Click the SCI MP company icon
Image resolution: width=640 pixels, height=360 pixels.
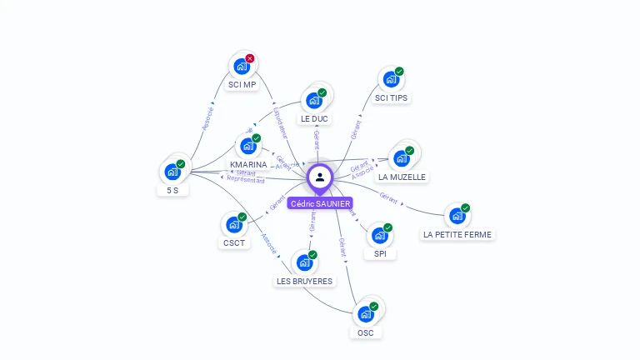point(242,66)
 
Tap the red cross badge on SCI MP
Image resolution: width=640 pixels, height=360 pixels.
point(250,58)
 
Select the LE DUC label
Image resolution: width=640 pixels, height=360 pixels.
point(315,119)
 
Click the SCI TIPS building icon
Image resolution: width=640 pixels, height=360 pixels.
point(390,80)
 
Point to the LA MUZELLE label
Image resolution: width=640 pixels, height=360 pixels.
point(402,177)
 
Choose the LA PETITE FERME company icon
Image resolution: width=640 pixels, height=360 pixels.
point(457,217)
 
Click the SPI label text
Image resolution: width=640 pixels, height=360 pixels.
point(380,253)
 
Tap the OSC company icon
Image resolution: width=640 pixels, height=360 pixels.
point(365,315)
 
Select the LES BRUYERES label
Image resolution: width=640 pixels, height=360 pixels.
point(305,282)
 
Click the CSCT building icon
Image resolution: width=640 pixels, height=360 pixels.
point(233,225)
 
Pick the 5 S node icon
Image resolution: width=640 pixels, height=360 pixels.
point(172,172)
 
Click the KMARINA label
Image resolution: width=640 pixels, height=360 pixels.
point(248,165)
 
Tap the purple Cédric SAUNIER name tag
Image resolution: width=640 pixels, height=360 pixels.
point(320,203)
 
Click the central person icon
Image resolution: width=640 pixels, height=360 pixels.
point(320,177)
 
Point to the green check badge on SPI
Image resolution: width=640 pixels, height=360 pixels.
point(387,227)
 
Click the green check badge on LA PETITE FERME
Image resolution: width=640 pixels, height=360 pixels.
point(465,208)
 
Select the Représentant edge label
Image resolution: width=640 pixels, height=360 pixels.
point(246,180)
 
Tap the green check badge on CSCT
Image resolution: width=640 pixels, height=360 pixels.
point(242,217)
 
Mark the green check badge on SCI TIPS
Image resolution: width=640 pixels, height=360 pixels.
point(399,72)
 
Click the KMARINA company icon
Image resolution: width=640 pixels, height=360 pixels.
point(247,146)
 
